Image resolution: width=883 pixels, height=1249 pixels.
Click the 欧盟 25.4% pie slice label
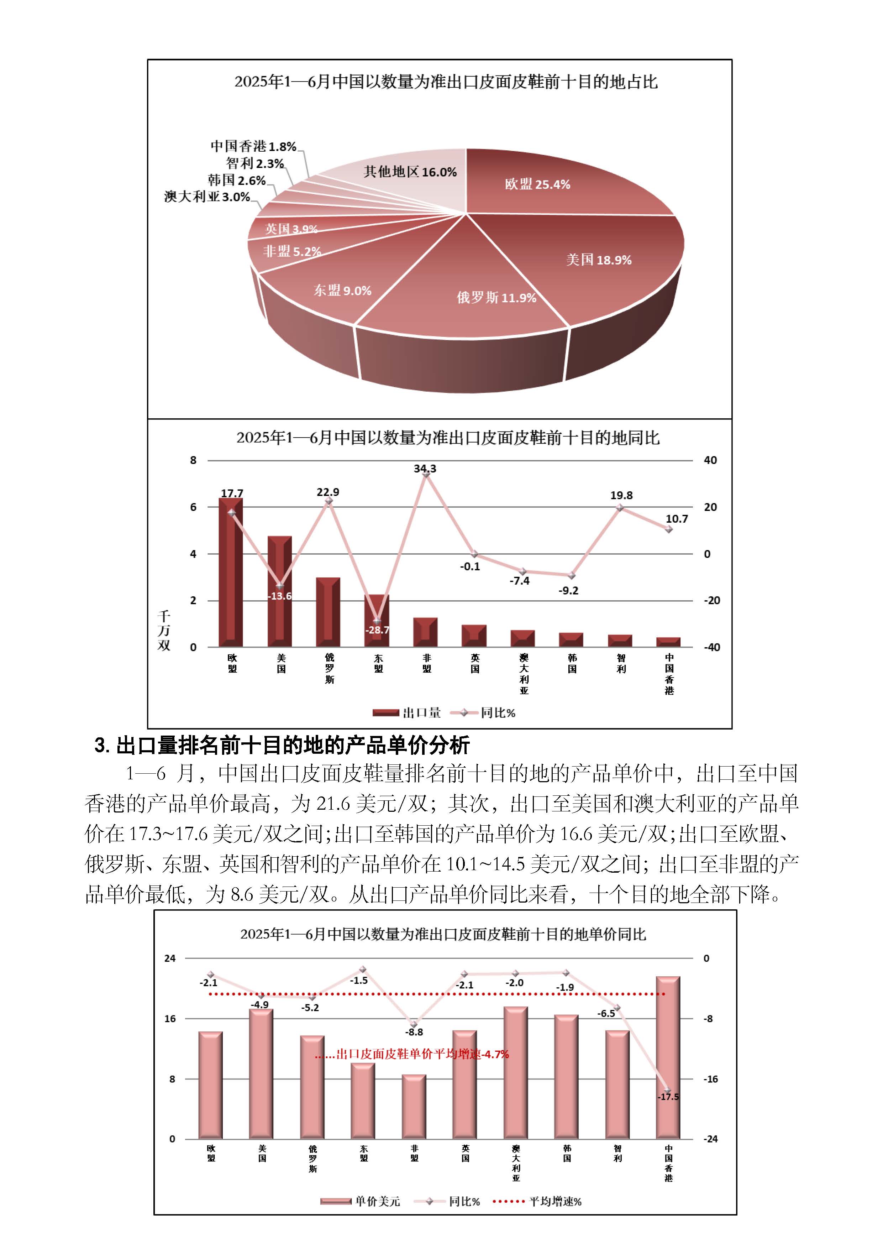537,184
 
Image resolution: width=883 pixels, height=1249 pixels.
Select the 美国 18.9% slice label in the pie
599,260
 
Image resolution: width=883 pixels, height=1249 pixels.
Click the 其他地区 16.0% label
410,172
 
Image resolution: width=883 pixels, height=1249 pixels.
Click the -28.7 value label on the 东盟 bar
377,630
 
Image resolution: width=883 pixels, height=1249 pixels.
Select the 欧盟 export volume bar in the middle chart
231,577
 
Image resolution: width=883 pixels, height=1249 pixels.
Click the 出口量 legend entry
407,713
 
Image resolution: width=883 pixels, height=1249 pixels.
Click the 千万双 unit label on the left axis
164,631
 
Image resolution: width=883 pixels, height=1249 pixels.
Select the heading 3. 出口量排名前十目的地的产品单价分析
282,745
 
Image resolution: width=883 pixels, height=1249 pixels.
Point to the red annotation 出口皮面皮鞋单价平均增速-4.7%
412,1054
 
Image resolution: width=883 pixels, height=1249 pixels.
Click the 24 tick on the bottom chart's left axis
170,958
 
